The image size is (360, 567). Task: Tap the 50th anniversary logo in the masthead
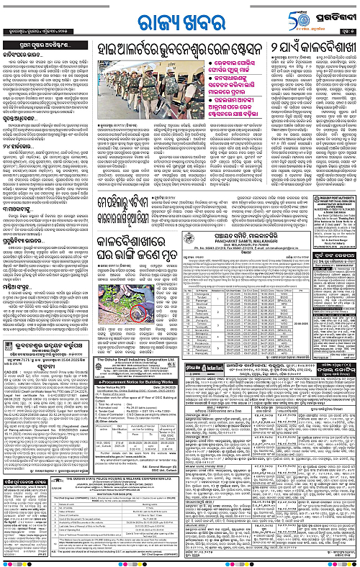pyautogui.click(x=297, y=14)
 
